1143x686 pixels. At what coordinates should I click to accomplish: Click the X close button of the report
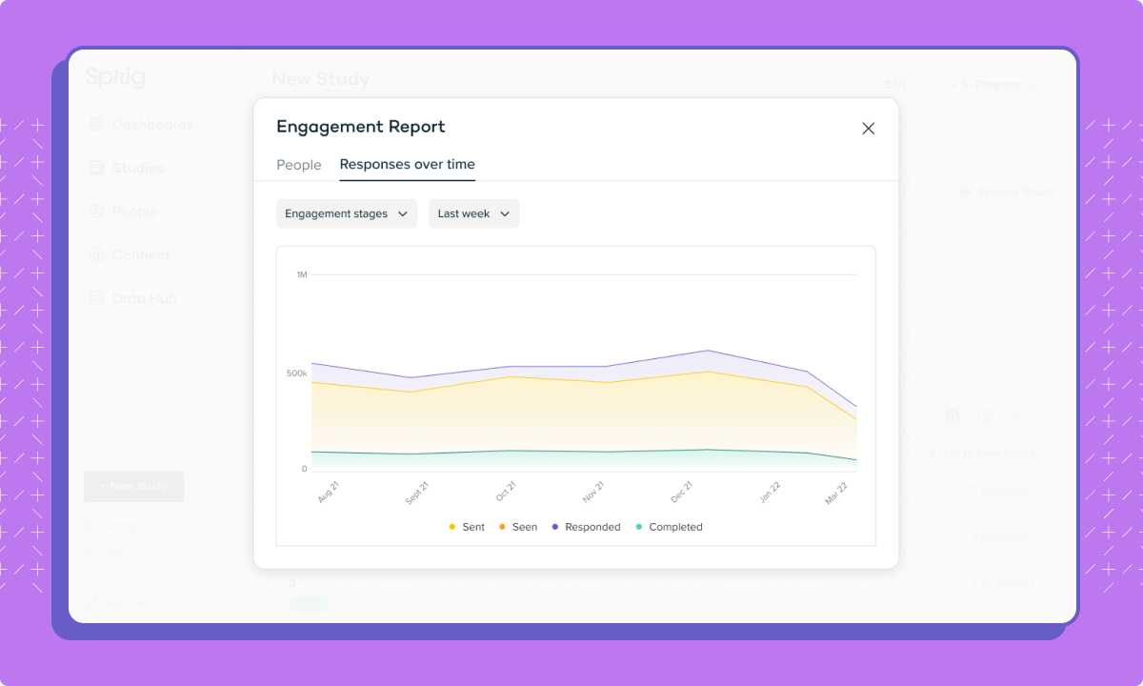[868, 129]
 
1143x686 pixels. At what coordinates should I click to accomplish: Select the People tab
[299, 165]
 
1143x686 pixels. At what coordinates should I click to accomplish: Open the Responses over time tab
[407, 165]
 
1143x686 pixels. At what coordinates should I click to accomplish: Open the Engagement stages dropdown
[347, 213]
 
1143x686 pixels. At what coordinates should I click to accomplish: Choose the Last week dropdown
[473, 213]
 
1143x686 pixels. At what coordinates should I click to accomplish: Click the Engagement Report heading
[360, 127]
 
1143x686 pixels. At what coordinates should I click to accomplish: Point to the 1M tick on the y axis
[301, 274]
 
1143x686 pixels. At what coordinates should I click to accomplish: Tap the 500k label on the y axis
[296, 373]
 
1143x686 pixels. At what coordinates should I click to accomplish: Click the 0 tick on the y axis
[304, 469]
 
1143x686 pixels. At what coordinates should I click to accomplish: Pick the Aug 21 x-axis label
[329, 493]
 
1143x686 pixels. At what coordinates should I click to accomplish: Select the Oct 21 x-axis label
[506, 493]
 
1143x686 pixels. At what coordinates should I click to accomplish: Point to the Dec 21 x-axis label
[682, 493]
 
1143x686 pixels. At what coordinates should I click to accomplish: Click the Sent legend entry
[467, 527]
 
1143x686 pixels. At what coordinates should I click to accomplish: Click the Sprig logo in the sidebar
[115, 77]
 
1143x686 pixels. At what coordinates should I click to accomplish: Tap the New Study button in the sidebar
[133, 486]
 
